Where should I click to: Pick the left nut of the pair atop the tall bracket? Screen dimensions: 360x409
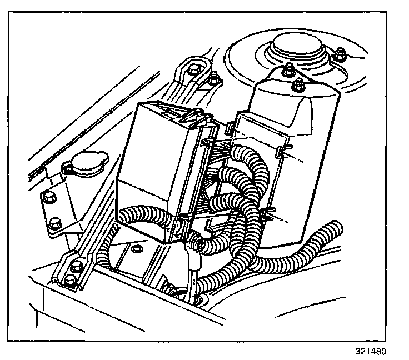tap(288, 71)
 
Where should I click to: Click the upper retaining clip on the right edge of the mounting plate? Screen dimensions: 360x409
tap(285, 149)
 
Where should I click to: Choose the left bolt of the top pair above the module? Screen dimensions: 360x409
tap(193, 71)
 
